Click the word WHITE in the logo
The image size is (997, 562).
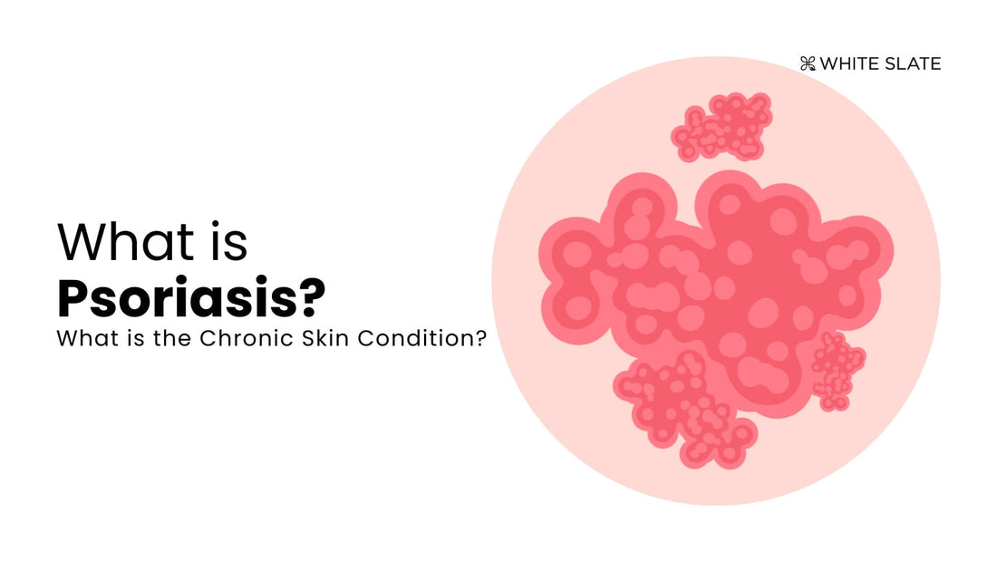(849, 63)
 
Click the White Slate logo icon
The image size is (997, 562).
(808, 63)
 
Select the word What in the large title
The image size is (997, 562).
(125, 242)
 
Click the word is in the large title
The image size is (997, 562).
(227, 242)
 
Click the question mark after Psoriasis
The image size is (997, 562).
(312, 297)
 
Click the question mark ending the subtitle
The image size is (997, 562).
(480, 338)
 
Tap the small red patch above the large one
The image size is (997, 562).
(721, 127)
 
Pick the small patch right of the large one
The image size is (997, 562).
(838, 371)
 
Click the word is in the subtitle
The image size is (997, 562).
(136, 338)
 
